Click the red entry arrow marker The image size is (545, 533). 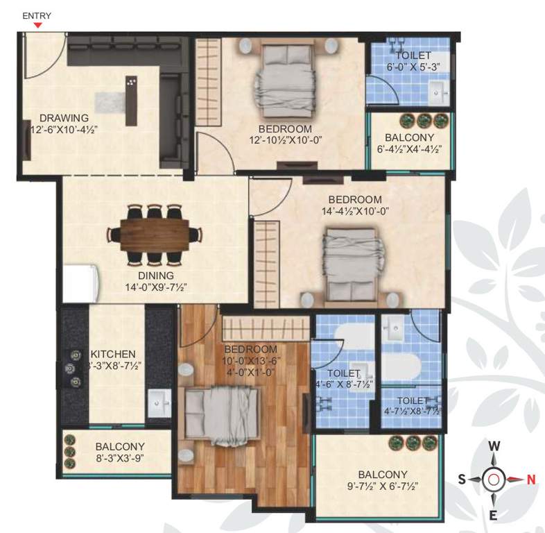[38, 26]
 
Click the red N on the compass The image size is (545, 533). [531, 478]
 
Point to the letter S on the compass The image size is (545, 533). [460, 478]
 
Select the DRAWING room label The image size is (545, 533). [64, 117]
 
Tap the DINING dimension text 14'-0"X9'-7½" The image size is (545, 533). [156, 287]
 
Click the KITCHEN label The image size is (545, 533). [113, 354]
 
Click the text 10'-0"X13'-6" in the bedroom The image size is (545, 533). [250, 360]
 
